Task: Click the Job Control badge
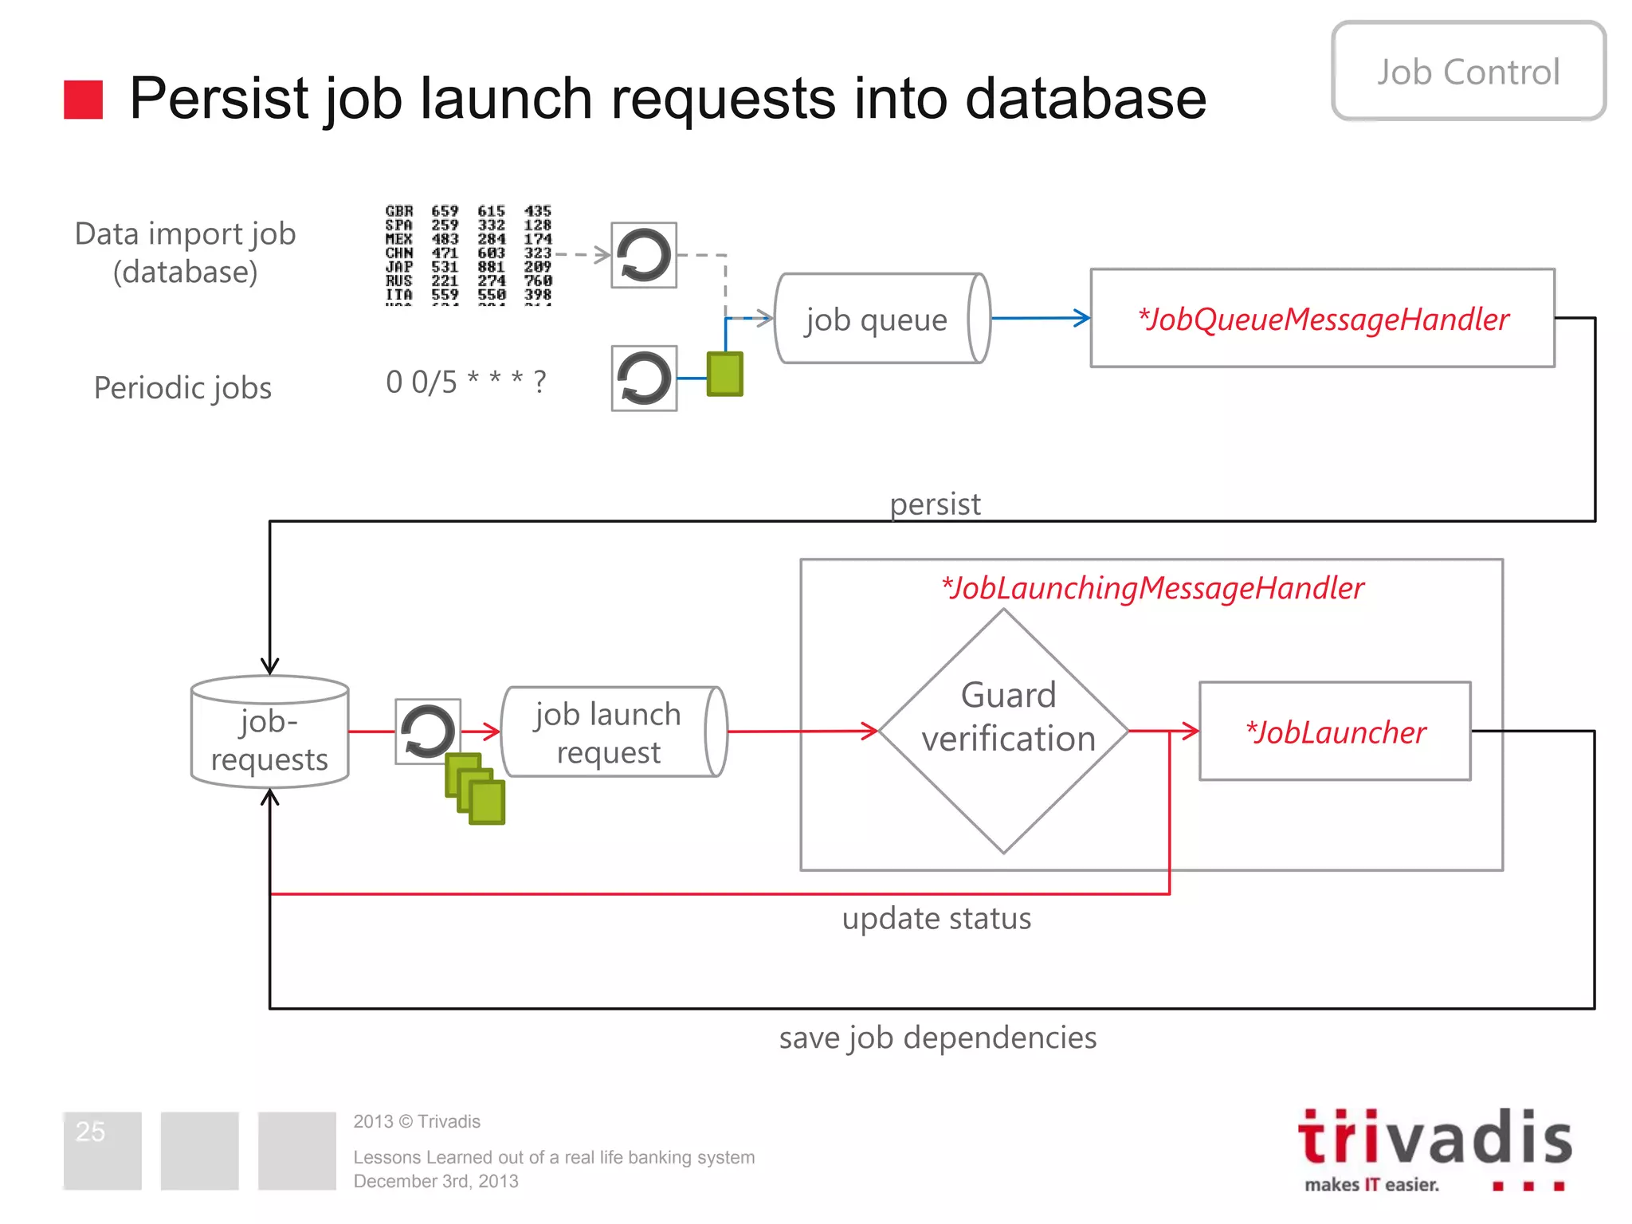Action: pos(1468,72)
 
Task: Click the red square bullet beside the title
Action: pos(84,100)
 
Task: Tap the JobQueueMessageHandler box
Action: pos(1322,319)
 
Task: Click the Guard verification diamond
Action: pos(1004,731)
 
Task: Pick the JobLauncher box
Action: pos(1335,732)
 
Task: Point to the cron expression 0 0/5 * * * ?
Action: pos(466,382)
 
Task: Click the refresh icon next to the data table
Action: pos(644,255)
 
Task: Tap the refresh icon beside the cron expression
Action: pos(644,379)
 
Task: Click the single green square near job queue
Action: pos(724,374)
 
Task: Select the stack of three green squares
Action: pos(475,788)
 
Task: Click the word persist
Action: pos(935,504)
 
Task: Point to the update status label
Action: pos(936,919)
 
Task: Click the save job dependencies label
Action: pos(938,1038)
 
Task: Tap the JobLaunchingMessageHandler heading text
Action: pos(1152,588)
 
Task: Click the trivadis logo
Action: pos(1434,1147)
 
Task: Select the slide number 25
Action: pos(90,1132)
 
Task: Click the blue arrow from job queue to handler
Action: pos(1040,318)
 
